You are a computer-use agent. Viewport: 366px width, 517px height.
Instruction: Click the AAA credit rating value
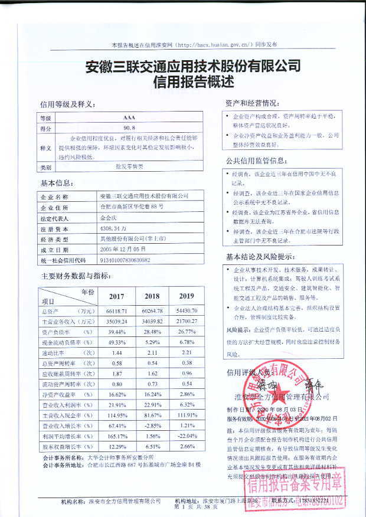[129, 118]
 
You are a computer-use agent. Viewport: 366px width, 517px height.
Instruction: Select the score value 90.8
[129, 127]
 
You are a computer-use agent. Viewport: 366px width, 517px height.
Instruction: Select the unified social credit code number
[126, 260]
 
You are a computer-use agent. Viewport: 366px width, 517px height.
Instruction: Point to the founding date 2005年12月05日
[123, 250]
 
